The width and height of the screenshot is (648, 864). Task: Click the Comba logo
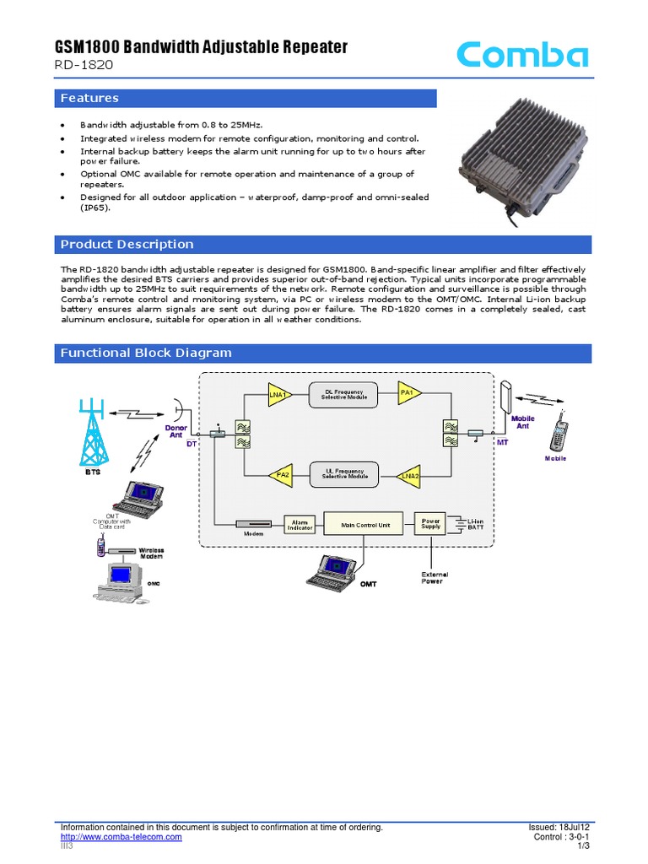[x=522, y=56]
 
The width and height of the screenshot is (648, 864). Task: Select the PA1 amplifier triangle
[x=408, y=393]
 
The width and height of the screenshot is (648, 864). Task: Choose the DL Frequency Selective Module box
[x=345, y=394]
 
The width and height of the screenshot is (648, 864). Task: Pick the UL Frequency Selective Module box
[x=345, y=475]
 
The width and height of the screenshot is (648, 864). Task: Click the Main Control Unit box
[x=365, y=525]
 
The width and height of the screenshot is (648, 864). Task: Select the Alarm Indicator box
[x=300, y=525]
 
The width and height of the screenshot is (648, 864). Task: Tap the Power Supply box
[x=431, y=524]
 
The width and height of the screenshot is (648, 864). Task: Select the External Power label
[x=435, y=578]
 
